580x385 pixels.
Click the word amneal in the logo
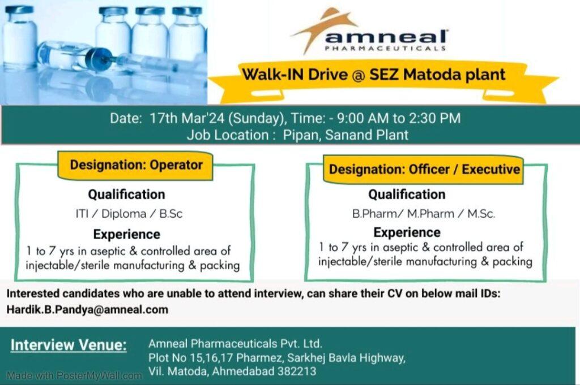(x=386, y=37)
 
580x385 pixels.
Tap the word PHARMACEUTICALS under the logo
(x=385, y=49)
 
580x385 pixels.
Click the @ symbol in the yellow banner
(x=358, y=75)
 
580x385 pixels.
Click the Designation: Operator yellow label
(x=136, y=166)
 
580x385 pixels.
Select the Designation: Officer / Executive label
(x=424, y=170)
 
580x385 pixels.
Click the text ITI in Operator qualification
(x=82, y=214)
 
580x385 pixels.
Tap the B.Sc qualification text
(x=170, y=214)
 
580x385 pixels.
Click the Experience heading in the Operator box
(x=126, y=235)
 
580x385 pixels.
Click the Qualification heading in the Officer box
(x=407, y=194)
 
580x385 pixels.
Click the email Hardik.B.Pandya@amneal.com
(x=87, y=309)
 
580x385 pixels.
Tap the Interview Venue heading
(x=69, y=345)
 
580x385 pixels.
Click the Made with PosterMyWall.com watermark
(x=74, y=376)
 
